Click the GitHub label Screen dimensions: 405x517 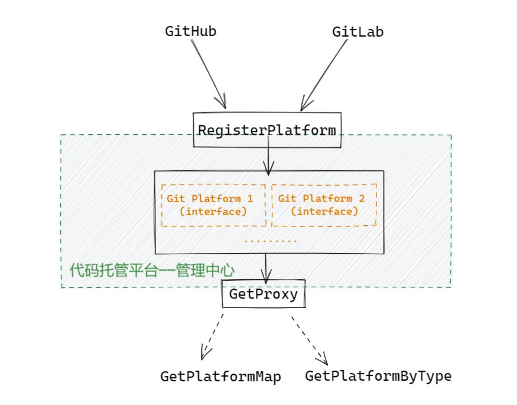pyautogui.click(x=190, y=31)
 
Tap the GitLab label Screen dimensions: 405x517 pyautogui.click(x=357, y=31)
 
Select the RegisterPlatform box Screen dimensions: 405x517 pyautogui.click(x=267, y=130)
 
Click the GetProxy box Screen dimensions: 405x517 pyautogui.click(x=264, y=294)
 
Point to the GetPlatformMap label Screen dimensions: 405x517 pyautogui.click(x=220, y=377)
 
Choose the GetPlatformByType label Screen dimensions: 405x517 pyautogui.click(x=378, y=375)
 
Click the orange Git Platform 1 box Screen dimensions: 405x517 pyautogui.click(x=213, y=205)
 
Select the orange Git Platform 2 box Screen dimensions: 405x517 pyautogui.click(x=324, y=205)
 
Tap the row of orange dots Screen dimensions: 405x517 pyautogui.click(x=271, y=241)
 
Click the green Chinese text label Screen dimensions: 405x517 pyautogui.click(x=152, y=271)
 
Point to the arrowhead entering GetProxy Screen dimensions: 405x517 pyautogui.click(x=266, y=276)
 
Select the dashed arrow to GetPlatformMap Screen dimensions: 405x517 pyautogui.click(x=213, y=337)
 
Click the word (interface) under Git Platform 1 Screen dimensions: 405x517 pyautogui.click(x=213, y=212)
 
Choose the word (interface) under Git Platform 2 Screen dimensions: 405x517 pyautogui.click(x=324, y=212)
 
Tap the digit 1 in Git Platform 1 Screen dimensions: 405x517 pyautogui.click(x=250, y=199)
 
